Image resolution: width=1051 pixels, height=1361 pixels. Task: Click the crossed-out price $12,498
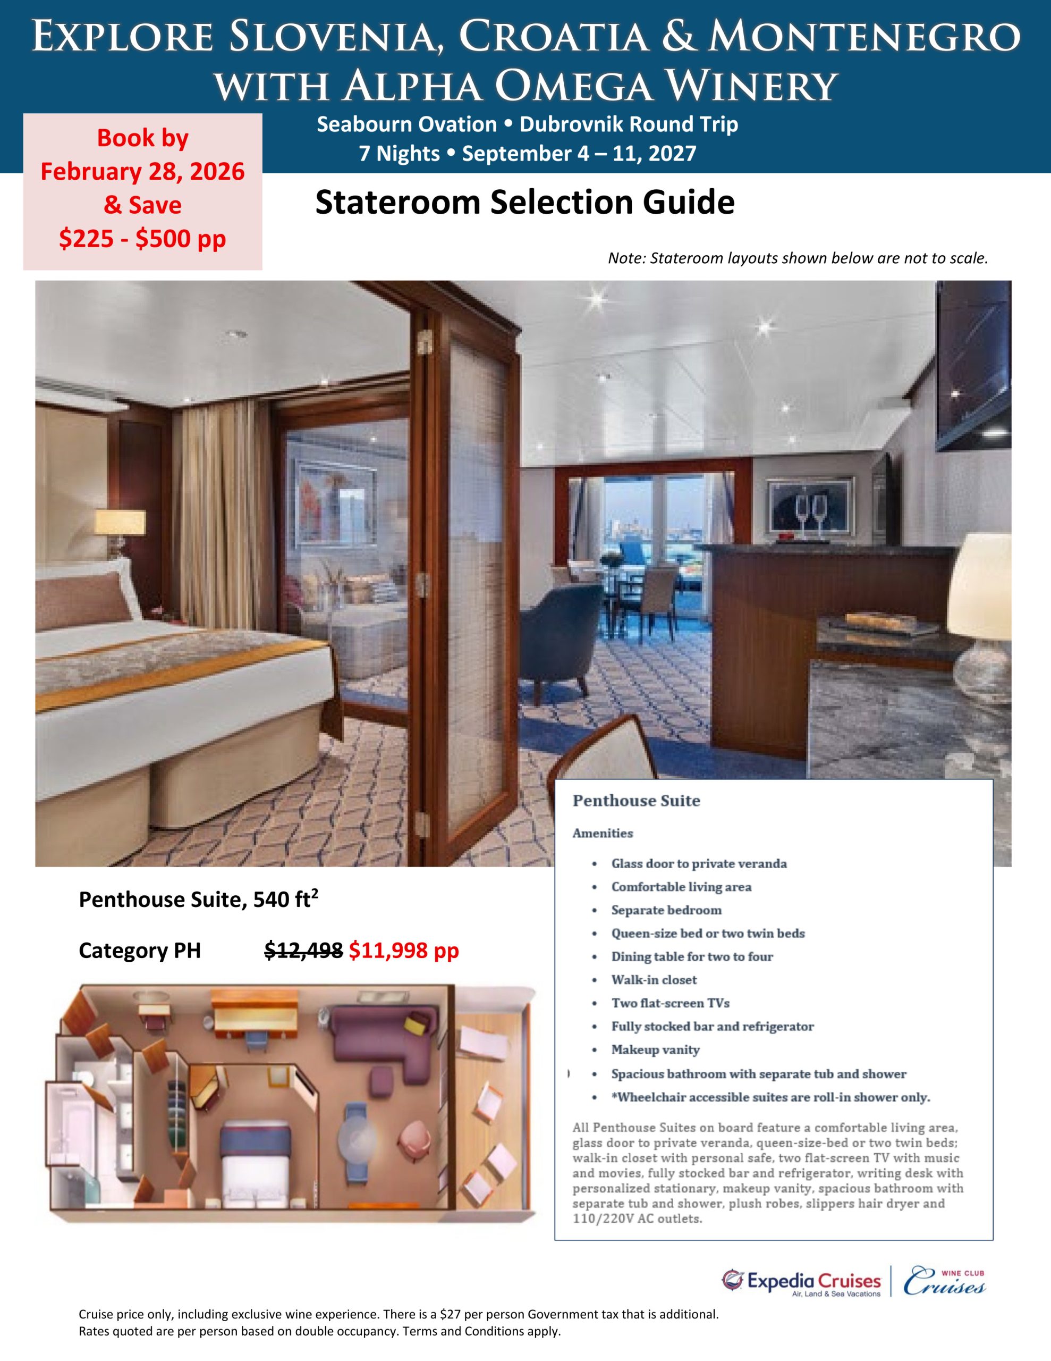tap(303, 951)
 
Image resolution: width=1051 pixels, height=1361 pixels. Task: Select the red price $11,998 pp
tap(404, 951)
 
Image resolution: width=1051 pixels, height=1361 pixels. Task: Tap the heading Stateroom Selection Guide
tap(524, 203)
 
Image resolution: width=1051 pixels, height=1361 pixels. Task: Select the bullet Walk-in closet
tap(654, 980)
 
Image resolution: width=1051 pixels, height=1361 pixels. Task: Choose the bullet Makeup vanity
tap(655, 1050)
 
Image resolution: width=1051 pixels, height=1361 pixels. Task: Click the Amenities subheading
tap(603, 833)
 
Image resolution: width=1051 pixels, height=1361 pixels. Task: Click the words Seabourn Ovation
tap(406, 124)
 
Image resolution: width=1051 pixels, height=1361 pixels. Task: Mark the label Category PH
tap(140, 951)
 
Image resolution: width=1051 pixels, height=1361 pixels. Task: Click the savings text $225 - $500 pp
tap(143, 239)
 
